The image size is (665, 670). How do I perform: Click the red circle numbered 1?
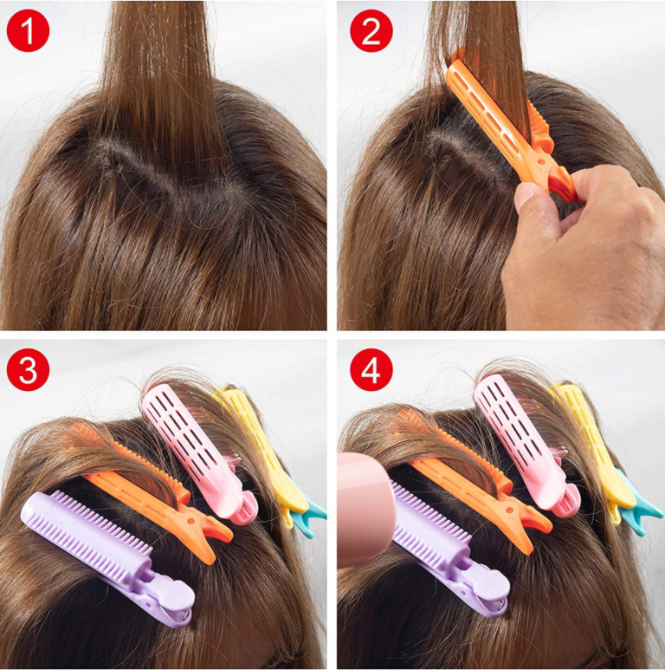tap(29, 30)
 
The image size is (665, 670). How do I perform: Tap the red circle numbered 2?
tap(371, 30)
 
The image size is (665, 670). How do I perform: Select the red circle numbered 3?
tap(29, 369)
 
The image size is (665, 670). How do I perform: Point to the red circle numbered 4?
tap(371, 369)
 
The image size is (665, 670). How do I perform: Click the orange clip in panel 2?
tap(508, 128)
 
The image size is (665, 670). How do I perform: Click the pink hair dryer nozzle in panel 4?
tap(365, 510)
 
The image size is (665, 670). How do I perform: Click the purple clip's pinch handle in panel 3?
tap(171, 603)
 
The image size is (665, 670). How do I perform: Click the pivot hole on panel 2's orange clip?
tap(540, 162)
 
